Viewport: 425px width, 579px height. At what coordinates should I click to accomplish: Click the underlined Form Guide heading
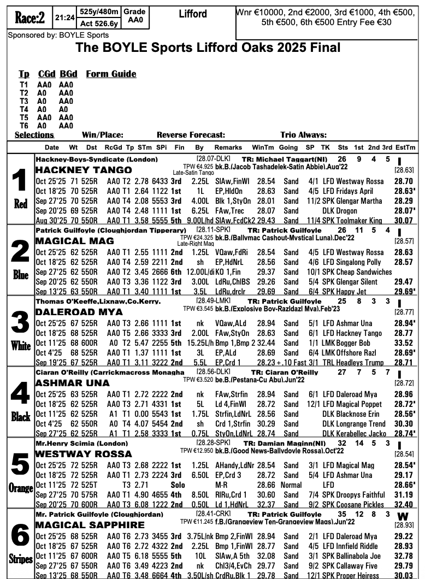tap(111, 74)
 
